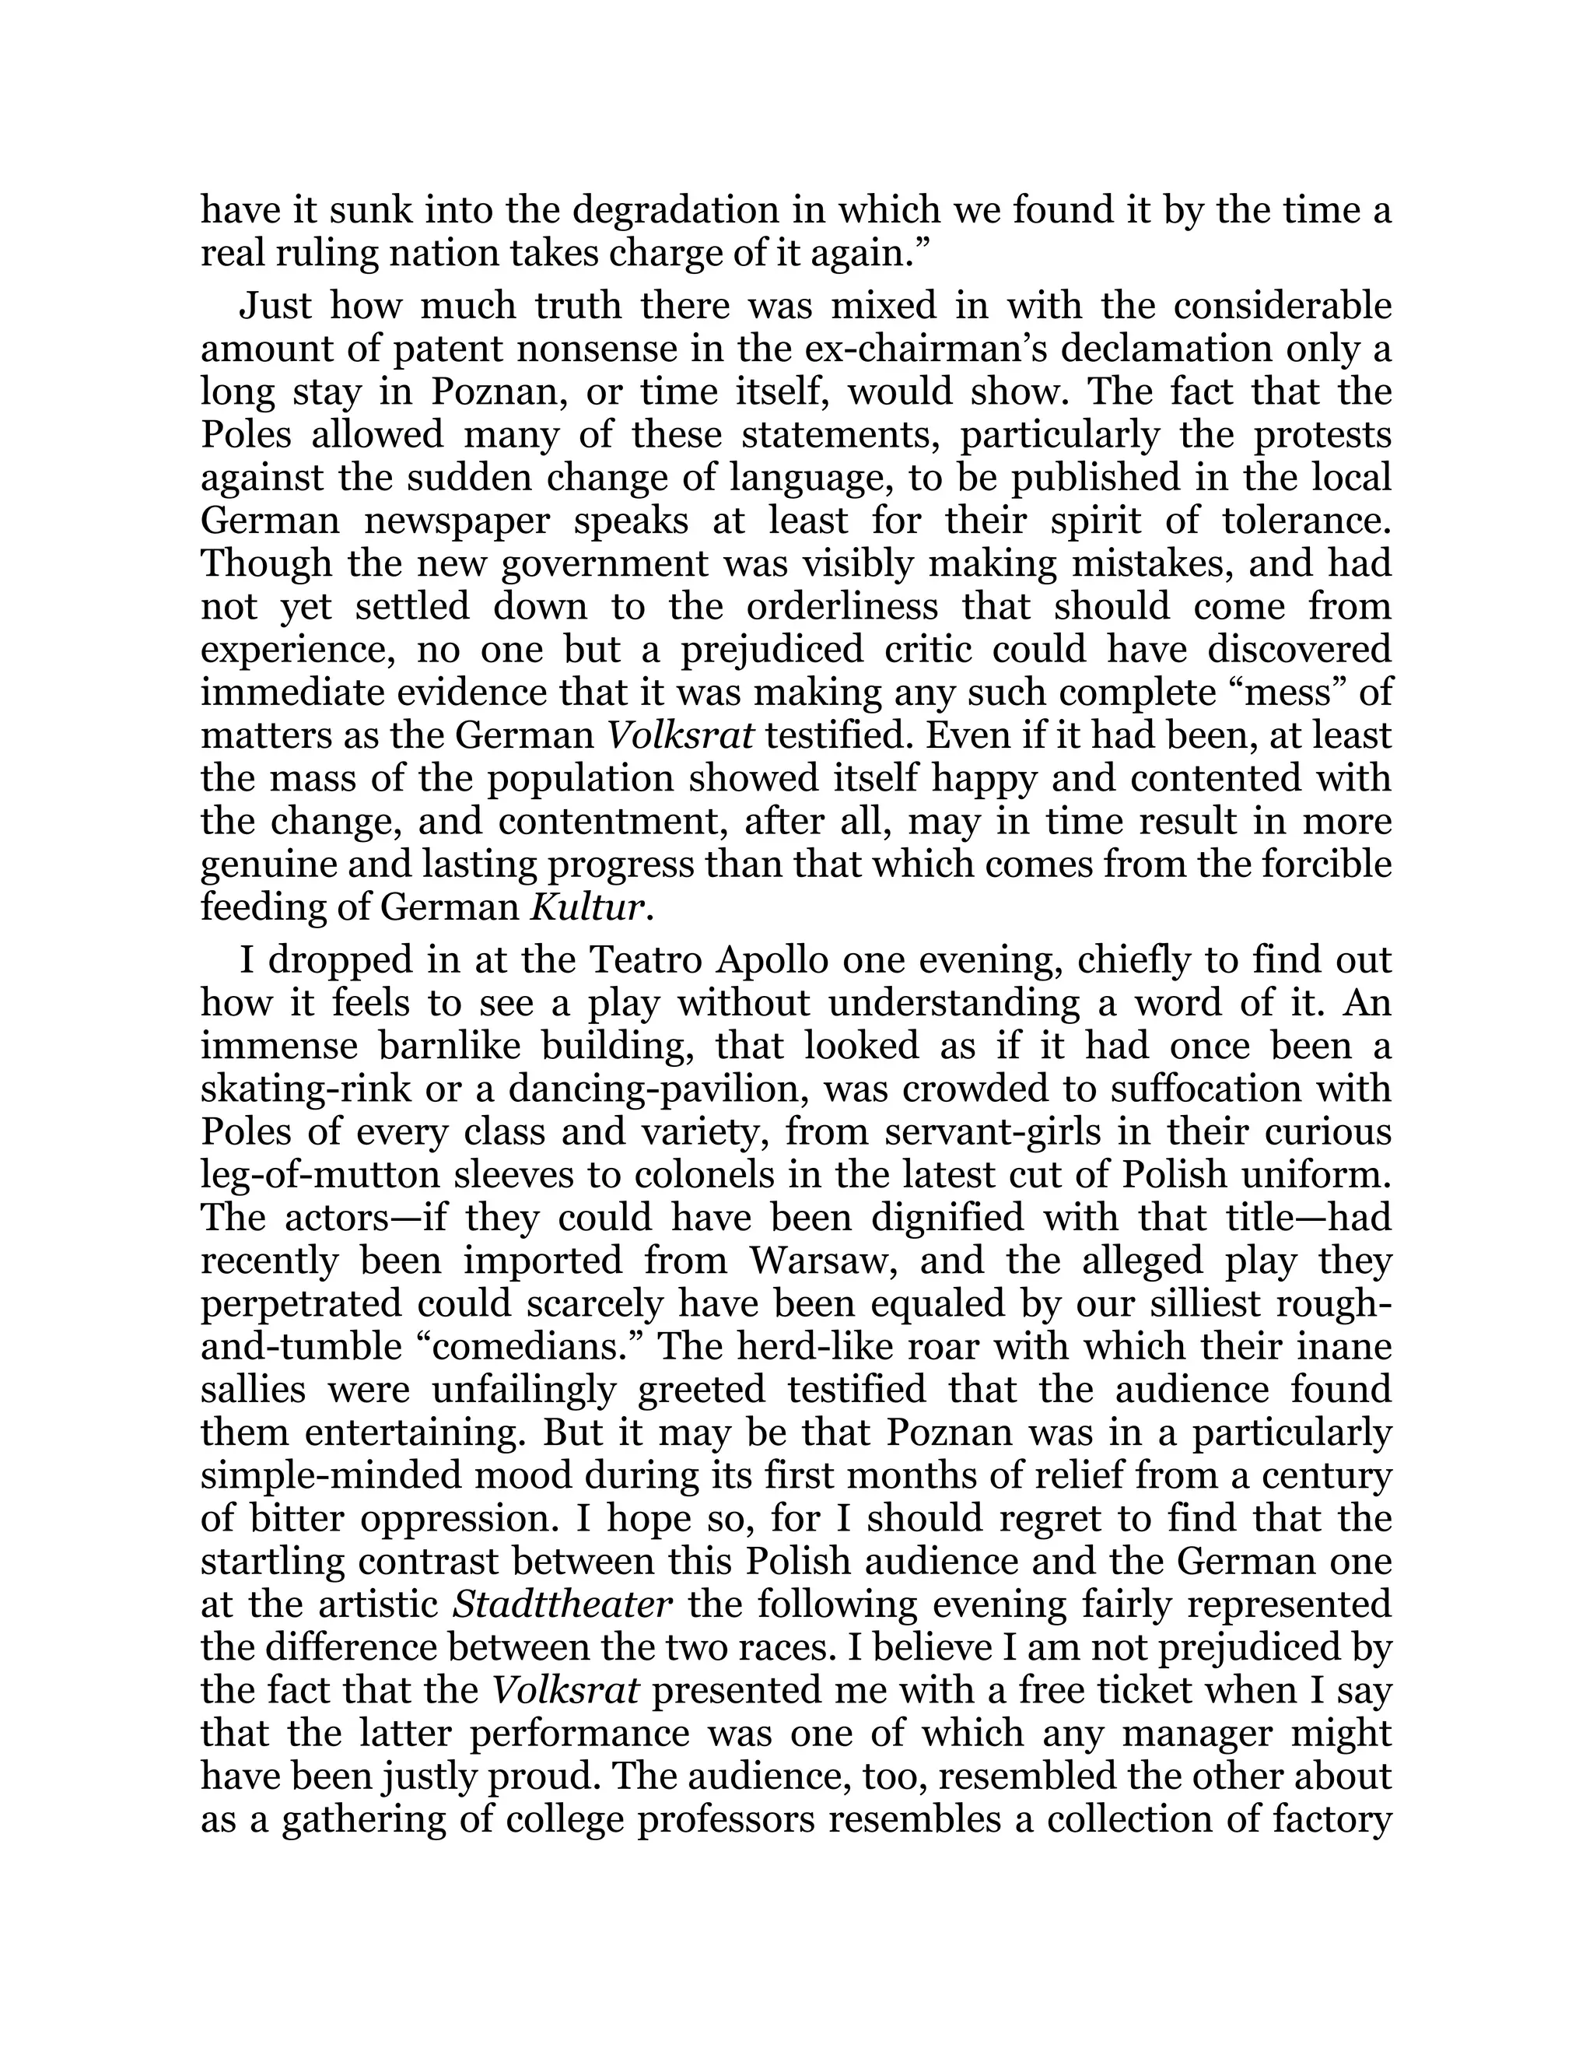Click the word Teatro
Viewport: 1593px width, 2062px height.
click(646, 960)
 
